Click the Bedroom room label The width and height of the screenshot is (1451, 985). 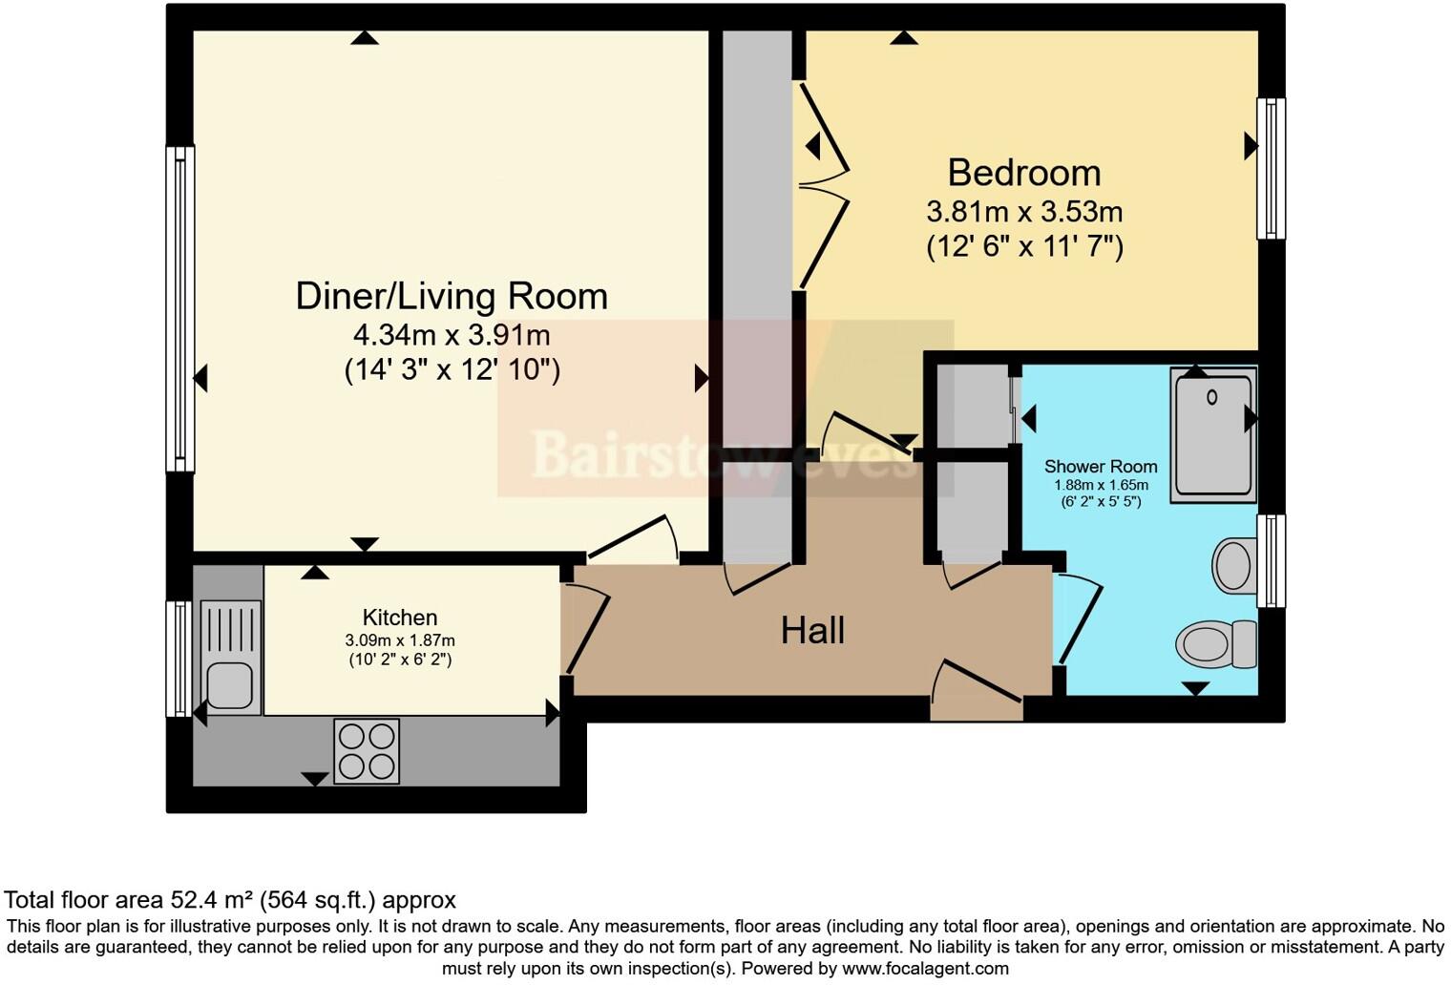pyautogui.click(x=1023, y=173)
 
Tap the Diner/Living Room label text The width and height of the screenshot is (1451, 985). pyautogui.click(x=452, y=296)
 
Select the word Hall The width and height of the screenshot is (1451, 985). pyautogui.click(x=812, y=631)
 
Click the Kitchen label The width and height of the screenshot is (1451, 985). pyautogui.click(x=400, y=618)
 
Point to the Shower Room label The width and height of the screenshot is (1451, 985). pyautogui.click(x=1101, y=467)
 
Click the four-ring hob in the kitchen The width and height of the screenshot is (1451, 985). pyautogui.click(x=367, y=751)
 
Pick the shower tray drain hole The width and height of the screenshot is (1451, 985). pyautogui.click(x=1212, y=397)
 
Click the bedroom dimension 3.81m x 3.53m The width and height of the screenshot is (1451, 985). pyautogui.click(x=1024, y=211)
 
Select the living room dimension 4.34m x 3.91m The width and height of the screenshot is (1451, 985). pyautogui.click(x=452, y=335)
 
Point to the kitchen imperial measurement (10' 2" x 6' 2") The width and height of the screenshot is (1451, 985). pyautogui.click(x=400, y=660)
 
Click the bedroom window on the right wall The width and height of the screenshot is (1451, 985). pyautogui.click(x=1271, y=168)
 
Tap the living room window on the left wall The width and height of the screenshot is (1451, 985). pyautogui.click(x=180, y=308)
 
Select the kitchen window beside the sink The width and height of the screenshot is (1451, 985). pyautogui.click(x=179, y=659)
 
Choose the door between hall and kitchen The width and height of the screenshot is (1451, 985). pyautogui.click(x=584, y=630)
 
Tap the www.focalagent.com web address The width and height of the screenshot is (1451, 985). pyautogui.click(x=923, y=969)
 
